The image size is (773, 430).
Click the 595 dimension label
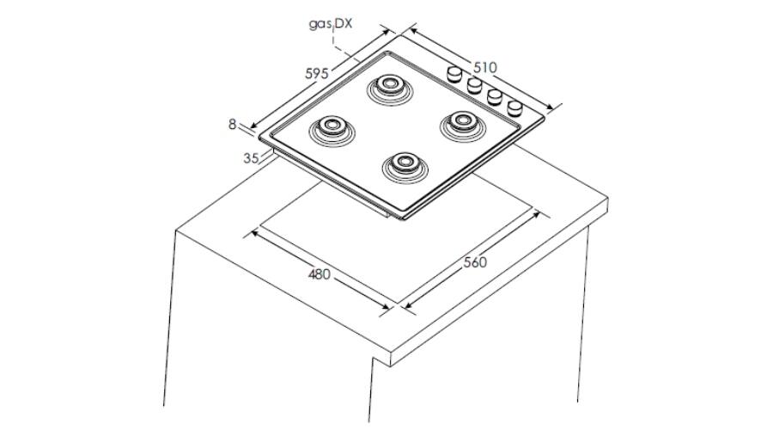click(x=316, y=74)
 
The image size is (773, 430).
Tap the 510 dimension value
click(x=485, y=67)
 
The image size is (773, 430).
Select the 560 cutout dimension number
click(x=475, y=262)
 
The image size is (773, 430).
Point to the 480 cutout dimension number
click(x=319, y=273)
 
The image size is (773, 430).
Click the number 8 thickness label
click(x=232, y=125)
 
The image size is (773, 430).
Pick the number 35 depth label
click(x=251, y=158)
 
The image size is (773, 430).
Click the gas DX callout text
click(x=331, y=23)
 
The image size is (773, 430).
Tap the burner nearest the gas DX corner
click(x=390, y=88)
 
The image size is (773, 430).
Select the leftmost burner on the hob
click(x=332, y=129)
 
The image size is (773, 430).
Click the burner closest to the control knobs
click(x=462, y=123)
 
